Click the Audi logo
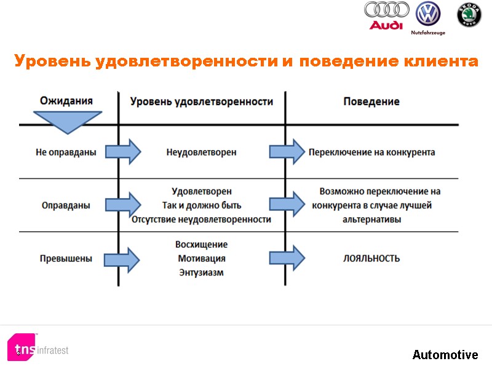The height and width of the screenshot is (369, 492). click(x=386, y=15)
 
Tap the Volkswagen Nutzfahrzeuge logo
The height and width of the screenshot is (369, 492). click(x=428, y=17)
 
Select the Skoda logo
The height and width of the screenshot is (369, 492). click(x=469, y=15)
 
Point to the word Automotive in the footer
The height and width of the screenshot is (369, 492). click(x=445, y=355)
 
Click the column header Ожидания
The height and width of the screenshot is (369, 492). click(x=66, y=101)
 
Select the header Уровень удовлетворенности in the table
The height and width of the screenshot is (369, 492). click(x=202, y=101)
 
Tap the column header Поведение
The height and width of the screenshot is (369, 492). click(x=371, y=101)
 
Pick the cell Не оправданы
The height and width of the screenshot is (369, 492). click(x=66, y=152)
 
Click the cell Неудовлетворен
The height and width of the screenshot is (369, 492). click(x=201, y=152)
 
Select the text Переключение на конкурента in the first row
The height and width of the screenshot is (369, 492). click(x=371, y=152)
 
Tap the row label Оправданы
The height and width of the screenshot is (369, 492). click(x=66, y=205)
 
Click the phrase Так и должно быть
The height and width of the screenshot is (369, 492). click(x=201, y=205)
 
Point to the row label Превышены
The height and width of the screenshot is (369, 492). click(x=66, y=259)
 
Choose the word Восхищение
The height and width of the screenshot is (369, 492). click(x=201, y=245)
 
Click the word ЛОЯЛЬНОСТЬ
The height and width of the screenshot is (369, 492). click(x=371, y=259)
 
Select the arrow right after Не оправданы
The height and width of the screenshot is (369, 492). click(x=122, y=152)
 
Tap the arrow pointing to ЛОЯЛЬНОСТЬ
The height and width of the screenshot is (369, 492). click(x=287, y=258)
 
